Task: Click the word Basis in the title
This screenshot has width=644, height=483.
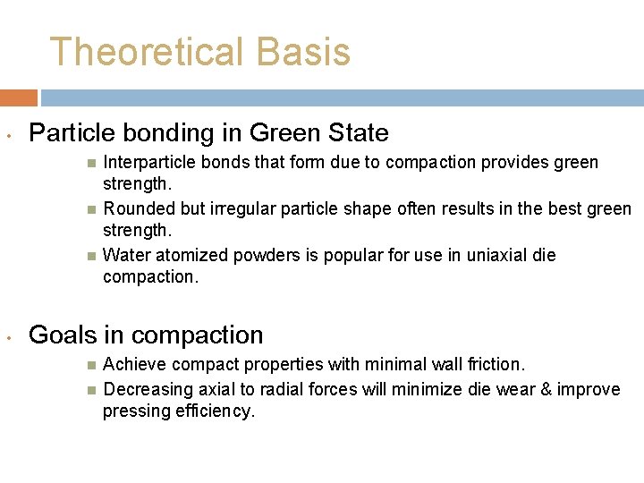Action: [303, 53]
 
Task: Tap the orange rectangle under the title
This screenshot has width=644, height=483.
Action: [18, 97]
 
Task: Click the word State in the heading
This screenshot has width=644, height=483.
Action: [357, 134]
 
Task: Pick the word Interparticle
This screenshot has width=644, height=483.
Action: [148, 163]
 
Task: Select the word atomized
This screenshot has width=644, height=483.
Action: [194, 256]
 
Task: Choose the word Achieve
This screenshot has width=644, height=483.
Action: [135, 365]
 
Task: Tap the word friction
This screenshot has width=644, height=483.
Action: [493, 365]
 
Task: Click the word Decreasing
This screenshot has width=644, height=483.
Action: [146, 390]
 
